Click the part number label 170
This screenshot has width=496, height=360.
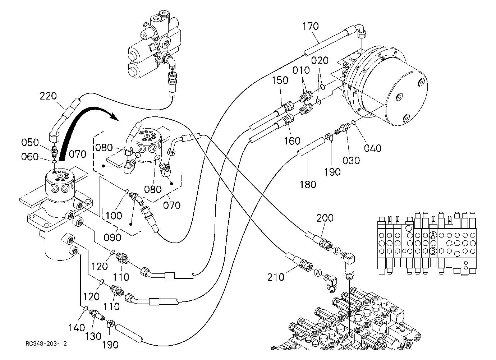pyautogui.click(x=311, y=26)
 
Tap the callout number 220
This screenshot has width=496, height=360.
pyautogui.click(x=48, y=96)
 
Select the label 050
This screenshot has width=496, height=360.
pyautogui.click(x=30, y=142)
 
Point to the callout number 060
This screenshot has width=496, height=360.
pyautogui.click(x=30, y=157)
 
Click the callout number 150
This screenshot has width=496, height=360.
pyautogui.click(x=280, y=80)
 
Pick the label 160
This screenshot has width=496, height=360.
pyautogui.click(x=292, y=140)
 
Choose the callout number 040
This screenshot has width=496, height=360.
pyautogui.click(x=373, y=148)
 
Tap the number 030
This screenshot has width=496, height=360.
pyautogui.click(x=351, y=160)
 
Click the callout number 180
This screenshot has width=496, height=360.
pyautogui.click(x=308, y=184)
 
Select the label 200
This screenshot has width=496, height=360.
pyautogui.click(x=325, y=218)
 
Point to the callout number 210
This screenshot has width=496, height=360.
pyautogui.click(x=276, y=277)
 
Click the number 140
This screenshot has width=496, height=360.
pyautogui.click(x=77, y=328)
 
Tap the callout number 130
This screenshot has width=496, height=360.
pyautogui.click(x=93, y=336)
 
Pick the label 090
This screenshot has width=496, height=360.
pyautogui.click(x=112, y=237)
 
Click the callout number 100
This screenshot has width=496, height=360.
pyautogui.click(x=114, y=216)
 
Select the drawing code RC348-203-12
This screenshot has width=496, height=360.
pyautogui.click(x=46, y=343)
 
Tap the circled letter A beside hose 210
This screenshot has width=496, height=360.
pyautogui.click(x=318, y=273)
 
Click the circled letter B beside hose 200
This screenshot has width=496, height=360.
pyautogui.click(x=336, y=251)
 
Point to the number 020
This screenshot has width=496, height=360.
pyautogui.click(x=320, y=60)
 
